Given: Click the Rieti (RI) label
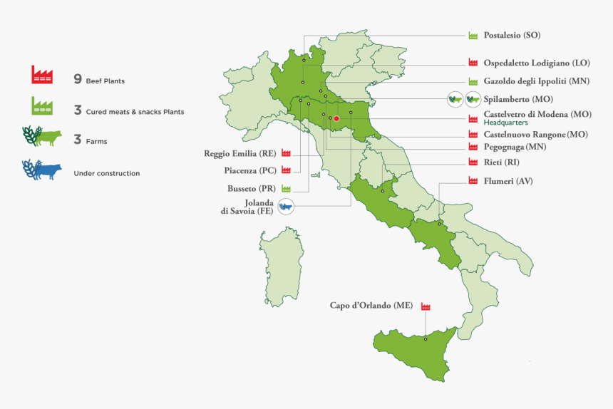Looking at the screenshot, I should point(501,162).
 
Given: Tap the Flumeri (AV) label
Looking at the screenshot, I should point(508,181).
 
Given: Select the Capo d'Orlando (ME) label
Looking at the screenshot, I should point(371,306).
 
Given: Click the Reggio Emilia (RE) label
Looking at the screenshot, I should point(239,153).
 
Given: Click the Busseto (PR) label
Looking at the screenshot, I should point(252,189).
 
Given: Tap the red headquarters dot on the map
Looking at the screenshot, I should point(336,118).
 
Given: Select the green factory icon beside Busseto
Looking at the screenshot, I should point(286,189).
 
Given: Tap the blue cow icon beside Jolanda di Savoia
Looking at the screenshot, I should point(286,207).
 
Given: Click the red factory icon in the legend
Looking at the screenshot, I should point(43,75).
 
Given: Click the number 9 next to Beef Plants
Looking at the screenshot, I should point(77,79).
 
